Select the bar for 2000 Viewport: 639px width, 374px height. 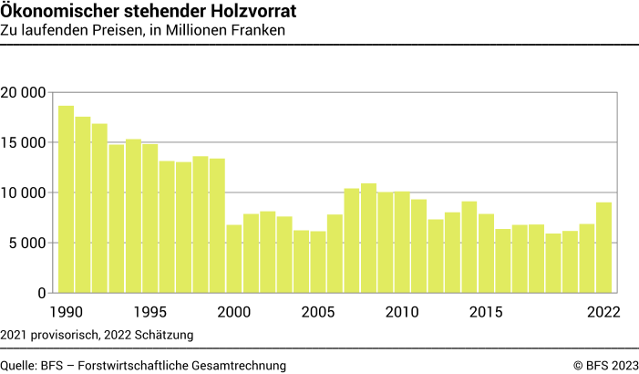point(233,258)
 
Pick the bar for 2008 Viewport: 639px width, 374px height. point(368,238)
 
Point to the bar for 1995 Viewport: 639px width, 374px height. point(149,218)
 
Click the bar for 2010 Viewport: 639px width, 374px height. point(402,242)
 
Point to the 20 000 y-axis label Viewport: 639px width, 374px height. point(25,92)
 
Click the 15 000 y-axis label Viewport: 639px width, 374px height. point(25,142)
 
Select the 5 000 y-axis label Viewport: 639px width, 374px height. point(28,243)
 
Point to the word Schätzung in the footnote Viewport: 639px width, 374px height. point(165,335)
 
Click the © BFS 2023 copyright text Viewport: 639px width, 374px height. point(605,365)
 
